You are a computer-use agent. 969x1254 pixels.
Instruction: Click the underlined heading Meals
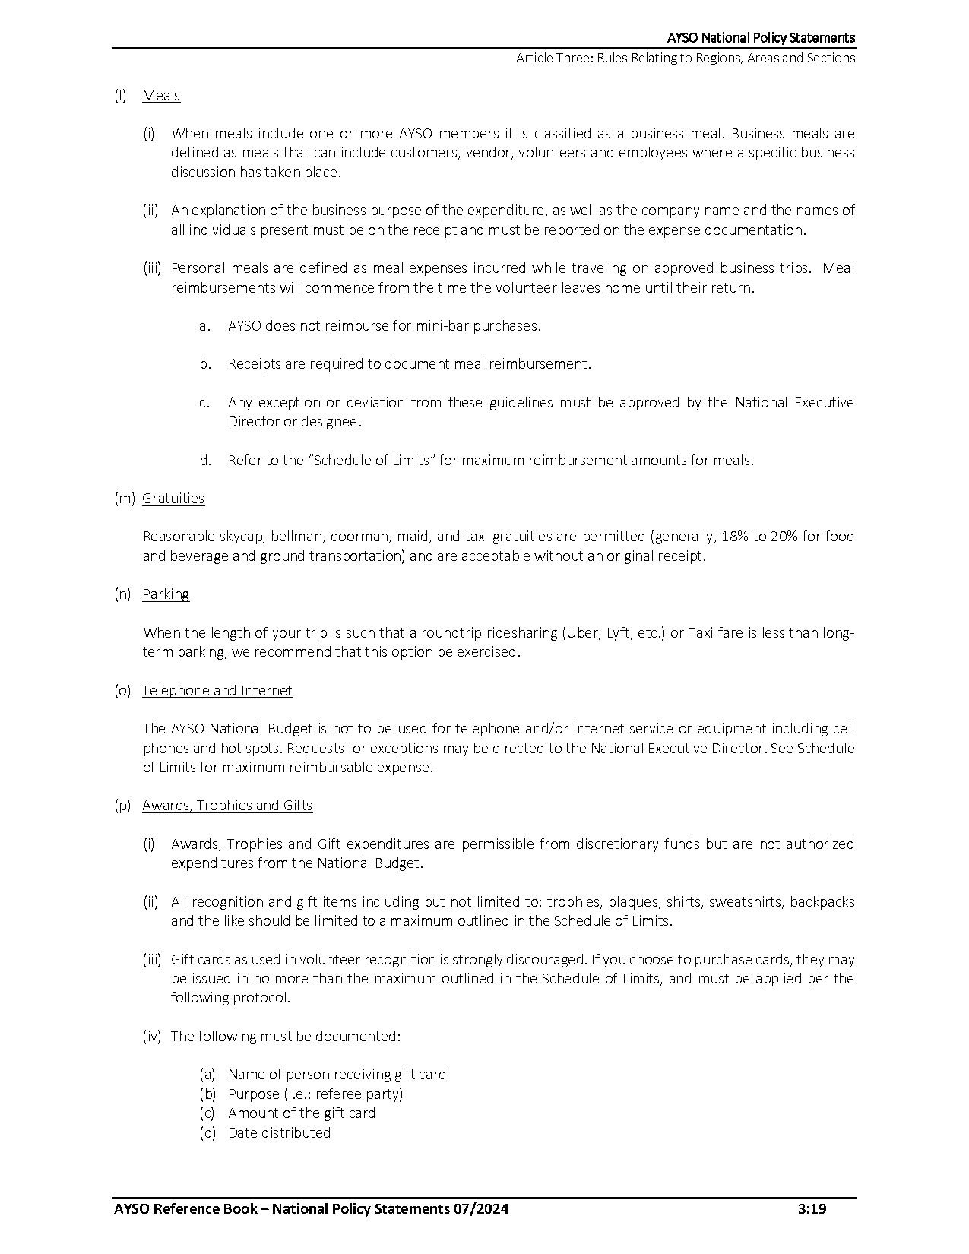pos(161,96)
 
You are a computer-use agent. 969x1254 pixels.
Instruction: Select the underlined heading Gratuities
pos(173,499)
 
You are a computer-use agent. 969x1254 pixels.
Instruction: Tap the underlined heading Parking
pos(166,594)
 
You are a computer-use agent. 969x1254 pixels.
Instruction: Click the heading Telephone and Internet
pos(217,691)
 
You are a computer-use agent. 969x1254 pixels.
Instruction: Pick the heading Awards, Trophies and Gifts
pos(227,806)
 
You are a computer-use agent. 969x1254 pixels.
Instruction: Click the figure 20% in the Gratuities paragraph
pos(784,537)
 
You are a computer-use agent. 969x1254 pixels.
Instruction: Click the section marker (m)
pos(124,499)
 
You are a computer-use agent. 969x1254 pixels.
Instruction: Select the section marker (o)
pos(122,691)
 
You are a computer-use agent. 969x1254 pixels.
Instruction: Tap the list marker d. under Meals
pos(205,461)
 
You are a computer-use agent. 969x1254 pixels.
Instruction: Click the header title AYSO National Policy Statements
pos(761,38)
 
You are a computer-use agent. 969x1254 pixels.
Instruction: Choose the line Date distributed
pos(279,1133)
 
